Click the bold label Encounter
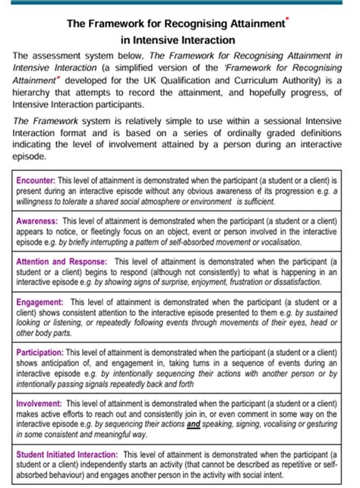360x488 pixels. click(x=36, y=179)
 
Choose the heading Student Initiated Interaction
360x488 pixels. click(x=67, y=455)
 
